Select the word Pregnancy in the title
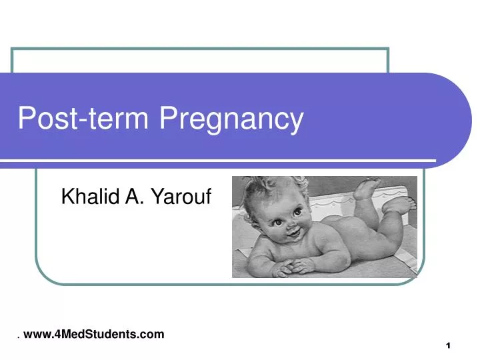tap(231, 120)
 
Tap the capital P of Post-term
tap(26, 119)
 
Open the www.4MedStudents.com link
tap(93, 334)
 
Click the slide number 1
tap(449, 345)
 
